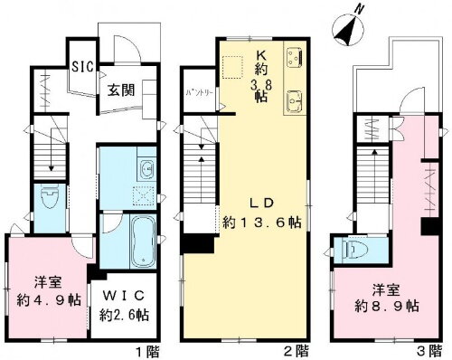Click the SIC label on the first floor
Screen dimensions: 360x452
tap(80, 67)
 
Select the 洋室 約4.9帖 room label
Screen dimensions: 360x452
tap(46, 287)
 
